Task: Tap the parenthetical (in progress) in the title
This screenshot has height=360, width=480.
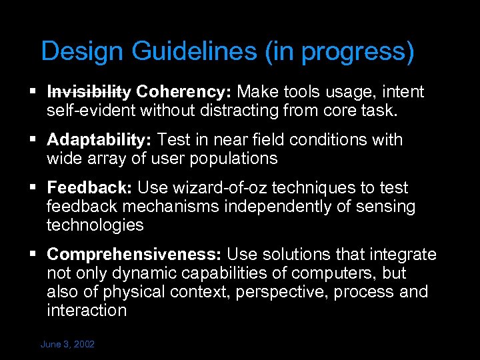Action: tap(339, 51)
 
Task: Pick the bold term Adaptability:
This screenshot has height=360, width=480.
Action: tap(100, 140)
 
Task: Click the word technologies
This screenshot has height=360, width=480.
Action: tap(95, 225)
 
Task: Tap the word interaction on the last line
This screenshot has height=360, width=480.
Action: tap(87, 311)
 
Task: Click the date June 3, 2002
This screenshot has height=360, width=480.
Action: tap(67, 344)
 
